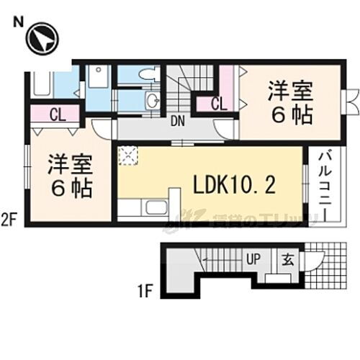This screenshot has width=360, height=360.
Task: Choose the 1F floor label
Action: coord(145,292)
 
